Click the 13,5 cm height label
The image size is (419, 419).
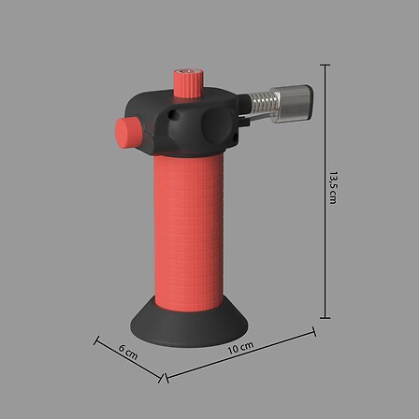point(333,187)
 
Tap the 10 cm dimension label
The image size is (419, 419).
point(240,348)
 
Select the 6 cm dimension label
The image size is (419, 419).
point(128,352)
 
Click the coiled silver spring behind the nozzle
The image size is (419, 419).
point(260,102)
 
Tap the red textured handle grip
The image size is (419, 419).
point(189,232)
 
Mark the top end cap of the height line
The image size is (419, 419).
point(325,65)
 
